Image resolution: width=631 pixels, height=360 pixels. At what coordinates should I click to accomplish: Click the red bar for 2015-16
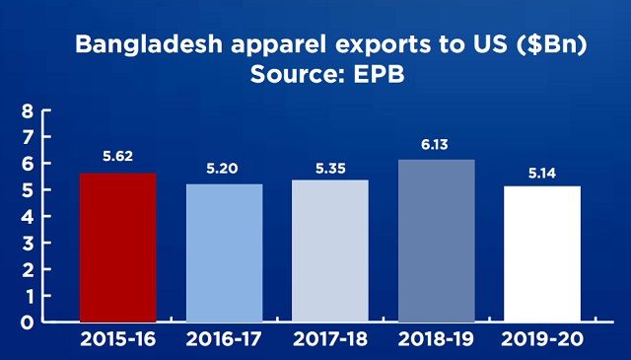point(117,247)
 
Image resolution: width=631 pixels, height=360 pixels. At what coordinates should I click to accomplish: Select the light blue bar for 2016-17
point(224,252)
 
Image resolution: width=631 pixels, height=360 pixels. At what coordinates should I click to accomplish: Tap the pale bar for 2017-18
point(329,251)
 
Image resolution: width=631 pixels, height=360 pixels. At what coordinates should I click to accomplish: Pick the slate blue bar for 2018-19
point(436,240)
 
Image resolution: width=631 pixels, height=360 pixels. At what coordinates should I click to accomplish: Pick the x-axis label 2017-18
point(329,340)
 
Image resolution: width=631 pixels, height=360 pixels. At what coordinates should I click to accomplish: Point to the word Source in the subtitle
point(292,74)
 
